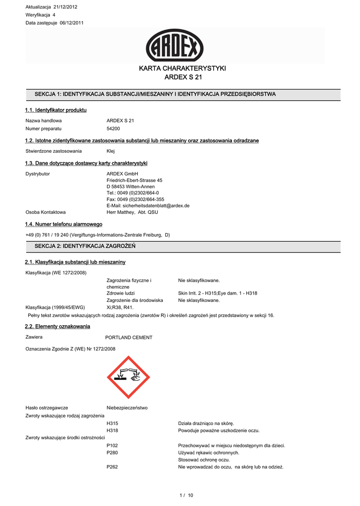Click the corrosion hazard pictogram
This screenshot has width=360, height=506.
pyautogui.click(x=128, y=377)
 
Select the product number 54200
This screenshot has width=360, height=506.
pyautogui.click(x=113, y=128)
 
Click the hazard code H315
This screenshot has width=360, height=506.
pyautogui.click(x=112, y=423)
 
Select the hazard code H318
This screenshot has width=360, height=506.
pyautogui.click(x=112, y=430)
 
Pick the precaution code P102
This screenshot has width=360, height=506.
pyautogui.click(x=112, y=446)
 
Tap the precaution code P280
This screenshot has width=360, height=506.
pyautogui.click(x=112, y=453)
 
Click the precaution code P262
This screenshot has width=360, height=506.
pyautogui.click(x=112, y=467)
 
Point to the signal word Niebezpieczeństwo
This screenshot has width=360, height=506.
pyautogui.click(x=127, y=408)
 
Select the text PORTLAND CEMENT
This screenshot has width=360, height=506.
pyautogui.click(x=129, y=337)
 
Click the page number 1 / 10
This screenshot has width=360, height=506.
pyautogui.click(x=187, y=495)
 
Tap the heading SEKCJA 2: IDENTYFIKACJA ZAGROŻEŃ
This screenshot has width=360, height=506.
pyautogui.click(x=85, y=246)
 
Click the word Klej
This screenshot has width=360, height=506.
pyautogui.click(x=111, y=151)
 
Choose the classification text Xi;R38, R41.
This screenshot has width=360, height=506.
pyautogui.click(x=121, y=307)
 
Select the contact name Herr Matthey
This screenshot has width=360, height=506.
pyautogui.click(x=121, y=212)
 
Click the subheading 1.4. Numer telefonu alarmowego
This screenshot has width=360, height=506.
pyautogui.click(x=63, y=224)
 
